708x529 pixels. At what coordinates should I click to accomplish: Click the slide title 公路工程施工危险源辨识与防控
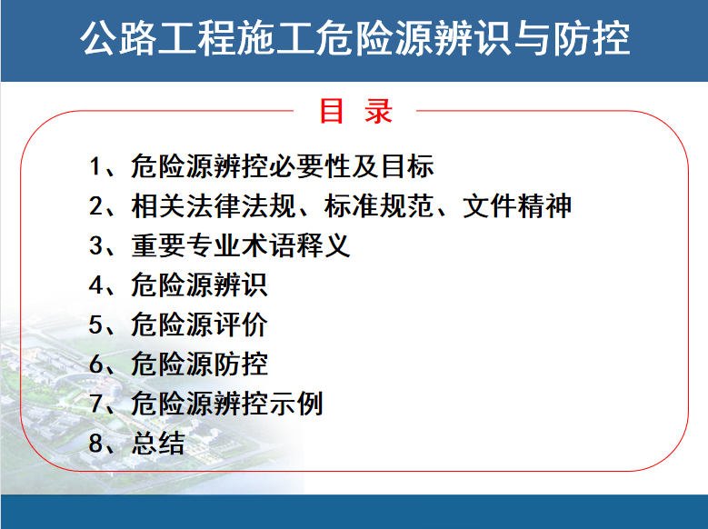click(354, 38)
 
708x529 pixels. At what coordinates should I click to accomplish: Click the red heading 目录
click(355, 111)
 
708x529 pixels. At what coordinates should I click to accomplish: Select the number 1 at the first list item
click(95, 165)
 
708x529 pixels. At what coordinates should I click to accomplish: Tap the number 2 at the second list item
click(95, 205)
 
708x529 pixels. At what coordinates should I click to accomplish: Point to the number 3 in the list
click(95, 245)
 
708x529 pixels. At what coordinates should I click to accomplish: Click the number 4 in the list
click(95, 285)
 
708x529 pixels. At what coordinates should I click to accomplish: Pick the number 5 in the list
click(95, 324)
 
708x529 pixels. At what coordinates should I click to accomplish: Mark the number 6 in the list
click(95, 364)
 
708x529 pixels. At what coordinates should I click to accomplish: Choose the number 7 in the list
click(95, 404)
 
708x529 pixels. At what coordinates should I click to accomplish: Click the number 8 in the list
click(95, 444)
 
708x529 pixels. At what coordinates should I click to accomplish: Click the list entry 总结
click(158, 444)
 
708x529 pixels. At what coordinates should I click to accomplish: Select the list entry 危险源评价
click(199, 324)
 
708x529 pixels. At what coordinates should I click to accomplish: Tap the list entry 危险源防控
click(199, 364)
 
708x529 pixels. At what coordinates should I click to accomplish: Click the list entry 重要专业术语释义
click(241, 245)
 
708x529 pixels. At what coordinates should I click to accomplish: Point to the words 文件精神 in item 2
click(517, 205)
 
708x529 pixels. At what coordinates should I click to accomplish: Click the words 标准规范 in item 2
click(378, 205)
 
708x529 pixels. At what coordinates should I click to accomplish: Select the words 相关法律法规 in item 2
click(213, 205)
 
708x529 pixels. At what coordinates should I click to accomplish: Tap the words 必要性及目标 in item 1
click(352, 165)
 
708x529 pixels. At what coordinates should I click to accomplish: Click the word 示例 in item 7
click(295, 404)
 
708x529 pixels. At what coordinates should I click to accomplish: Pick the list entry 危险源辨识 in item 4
click(199, 285)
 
